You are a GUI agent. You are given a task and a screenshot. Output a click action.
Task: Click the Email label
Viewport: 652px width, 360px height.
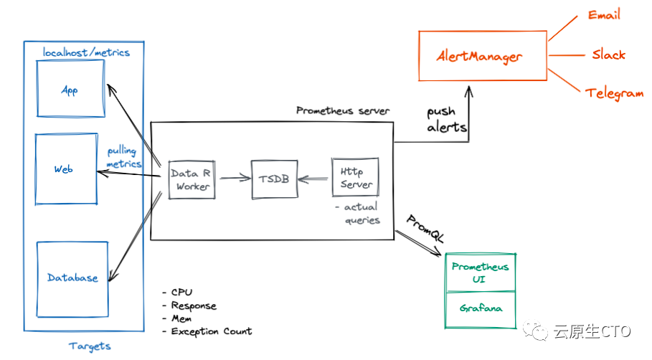tap(604, 15)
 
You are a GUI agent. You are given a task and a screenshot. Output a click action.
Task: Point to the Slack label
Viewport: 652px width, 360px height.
tap(609, 55)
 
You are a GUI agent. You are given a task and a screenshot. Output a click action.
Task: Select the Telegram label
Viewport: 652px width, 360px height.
tap(614, 93)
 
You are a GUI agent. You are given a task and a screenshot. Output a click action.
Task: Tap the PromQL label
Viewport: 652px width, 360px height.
tap(425, 229)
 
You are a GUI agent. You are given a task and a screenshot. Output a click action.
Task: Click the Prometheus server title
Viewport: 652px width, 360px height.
tap(343, 110)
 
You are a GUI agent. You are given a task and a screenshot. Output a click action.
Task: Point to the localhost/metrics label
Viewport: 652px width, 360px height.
tap(86, 52)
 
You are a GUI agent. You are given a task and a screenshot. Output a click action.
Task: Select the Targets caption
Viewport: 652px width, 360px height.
tap(90, 346)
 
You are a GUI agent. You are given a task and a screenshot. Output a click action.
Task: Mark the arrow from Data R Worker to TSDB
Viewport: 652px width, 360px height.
tap(235, 179)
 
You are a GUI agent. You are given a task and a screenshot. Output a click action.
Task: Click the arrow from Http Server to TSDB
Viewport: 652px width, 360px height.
tap(313, 179)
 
